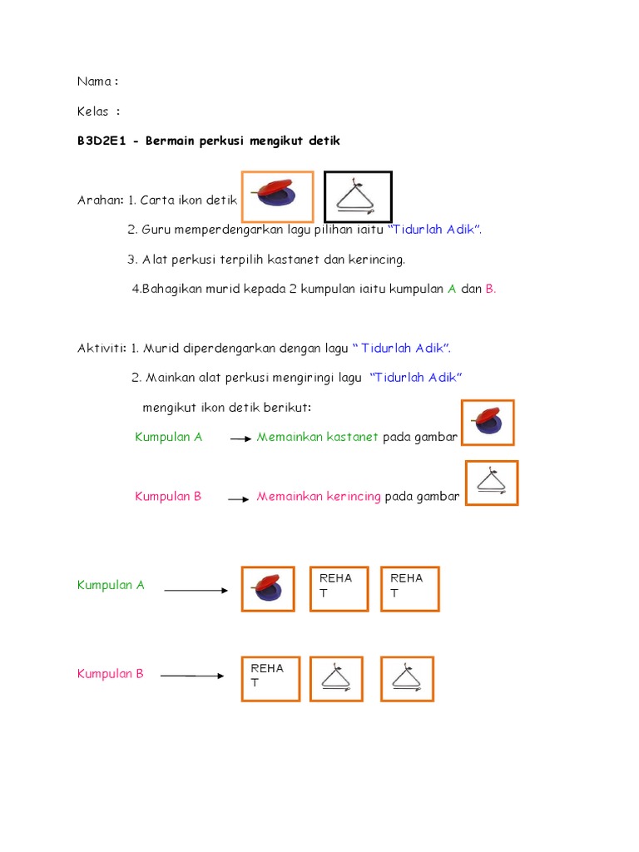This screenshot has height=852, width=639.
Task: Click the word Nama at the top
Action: point(94,82)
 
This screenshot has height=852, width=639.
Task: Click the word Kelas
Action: point(93,111)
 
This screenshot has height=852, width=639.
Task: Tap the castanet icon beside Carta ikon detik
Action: point(277,196)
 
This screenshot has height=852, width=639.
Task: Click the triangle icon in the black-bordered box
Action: point(357,197)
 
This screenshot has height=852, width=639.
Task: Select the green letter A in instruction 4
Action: point(452,289)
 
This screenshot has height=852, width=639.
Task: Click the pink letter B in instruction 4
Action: point(490,289)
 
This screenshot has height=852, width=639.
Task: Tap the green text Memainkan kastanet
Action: point(317,437)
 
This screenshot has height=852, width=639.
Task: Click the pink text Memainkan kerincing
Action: point(319,497)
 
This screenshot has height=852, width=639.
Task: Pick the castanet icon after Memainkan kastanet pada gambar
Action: point(488,423)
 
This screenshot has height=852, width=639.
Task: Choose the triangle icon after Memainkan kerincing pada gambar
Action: point(492,483)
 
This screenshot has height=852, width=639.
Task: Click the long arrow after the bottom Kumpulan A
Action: point(196,591)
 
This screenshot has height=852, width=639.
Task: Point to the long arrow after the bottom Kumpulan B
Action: point(191,676)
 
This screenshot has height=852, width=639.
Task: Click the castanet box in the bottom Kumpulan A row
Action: point(268,589)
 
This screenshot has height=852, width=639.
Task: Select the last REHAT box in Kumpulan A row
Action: point(409,589)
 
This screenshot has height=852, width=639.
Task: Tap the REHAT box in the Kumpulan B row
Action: point(270,679)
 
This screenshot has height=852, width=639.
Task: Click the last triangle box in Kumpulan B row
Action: point(407,678)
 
